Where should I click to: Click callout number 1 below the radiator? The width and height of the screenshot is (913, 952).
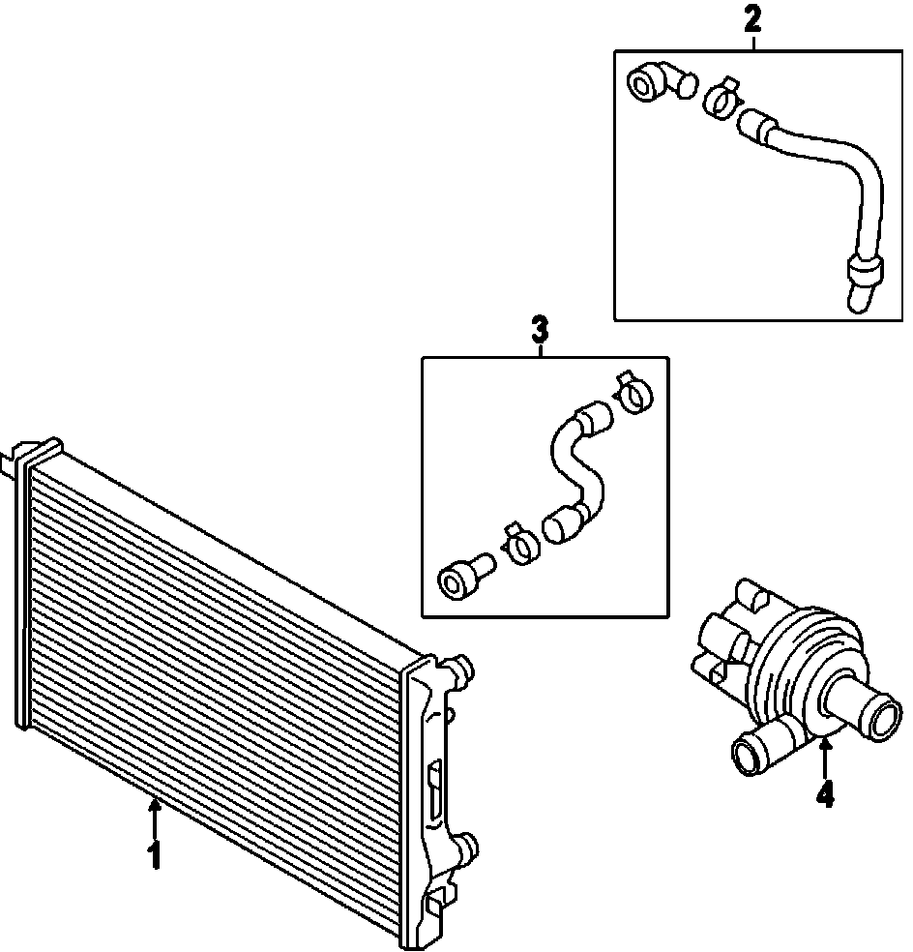153,856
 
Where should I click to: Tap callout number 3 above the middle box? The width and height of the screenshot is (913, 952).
540,329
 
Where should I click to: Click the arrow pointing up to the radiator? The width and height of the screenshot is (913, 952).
153,818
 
